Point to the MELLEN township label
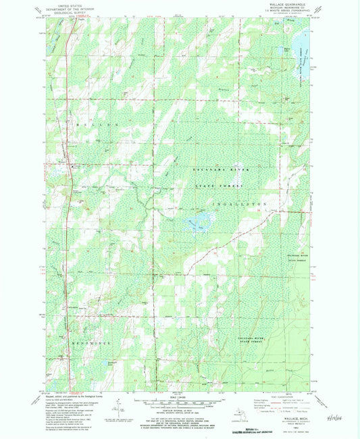coord(88,126)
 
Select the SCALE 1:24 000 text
coord(180,395)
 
